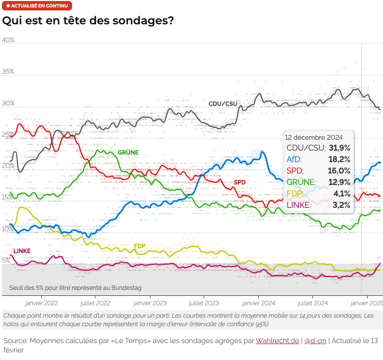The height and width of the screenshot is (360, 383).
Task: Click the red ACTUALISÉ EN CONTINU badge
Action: tap(37, 6)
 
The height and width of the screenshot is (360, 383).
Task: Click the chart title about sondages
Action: tap(88, 21)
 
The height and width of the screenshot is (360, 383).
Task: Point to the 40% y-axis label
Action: tap(8, 40)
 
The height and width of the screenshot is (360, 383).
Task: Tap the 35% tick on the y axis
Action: tap(8, 72)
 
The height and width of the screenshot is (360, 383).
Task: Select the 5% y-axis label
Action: tap(6, 260)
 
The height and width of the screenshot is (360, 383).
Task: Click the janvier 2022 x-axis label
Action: tap(41, 302)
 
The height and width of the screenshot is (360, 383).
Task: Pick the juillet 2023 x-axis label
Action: tap(204, 302)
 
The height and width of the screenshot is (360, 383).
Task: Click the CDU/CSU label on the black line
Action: tap(223, 103)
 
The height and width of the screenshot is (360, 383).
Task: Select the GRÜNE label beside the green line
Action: tap(128, 152)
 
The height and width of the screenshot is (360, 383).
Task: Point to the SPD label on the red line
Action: tap(239, 182)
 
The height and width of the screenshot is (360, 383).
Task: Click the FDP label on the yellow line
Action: tap(140, 246)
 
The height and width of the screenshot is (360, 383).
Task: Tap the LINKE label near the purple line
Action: tap(22, 251)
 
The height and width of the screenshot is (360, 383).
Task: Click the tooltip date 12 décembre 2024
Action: tap(313, 137)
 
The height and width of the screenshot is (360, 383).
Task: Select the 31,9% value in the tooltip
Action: tap(339, 148)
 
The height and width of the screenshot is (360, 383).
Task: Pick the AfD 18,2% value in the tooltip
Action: tap(339, 159)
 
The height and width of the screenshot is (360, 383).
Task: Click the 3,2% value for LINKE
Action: tap(341, 205)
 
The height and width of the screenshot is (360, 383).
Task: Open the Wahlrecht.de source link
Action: tap(277, 341)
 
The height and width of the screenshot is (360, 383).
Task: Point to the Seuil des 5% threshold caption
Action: tap(75, 288)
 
